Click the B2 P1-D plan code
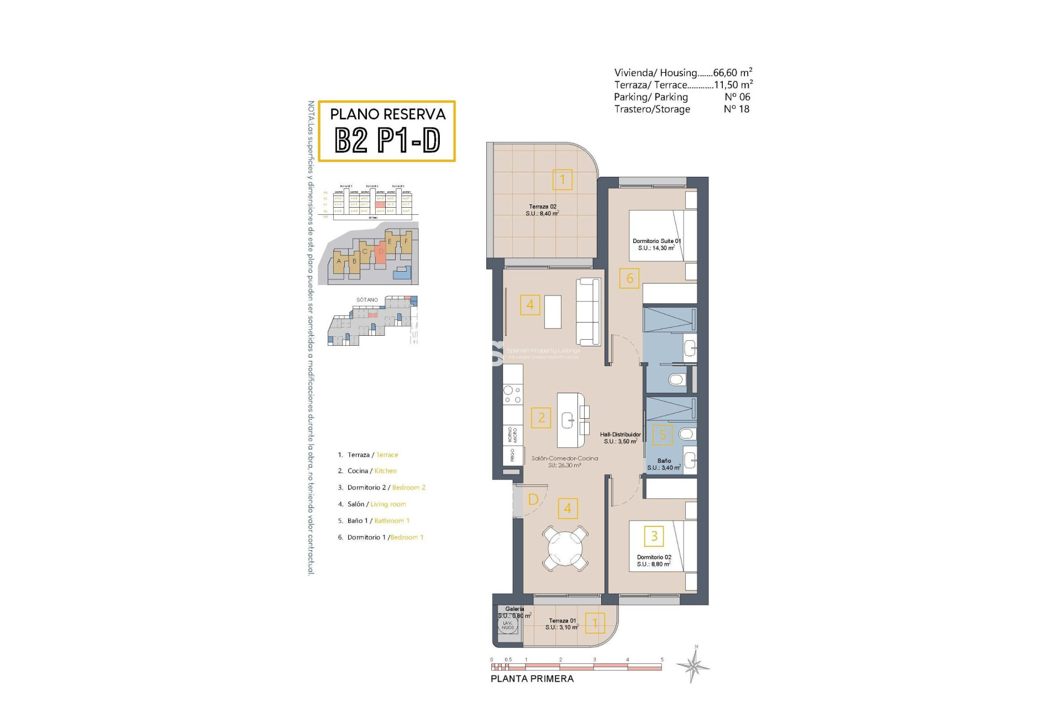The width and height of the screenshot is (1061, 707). point(387,140)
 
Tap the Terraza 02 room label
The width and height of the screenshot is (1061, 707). point(542,210)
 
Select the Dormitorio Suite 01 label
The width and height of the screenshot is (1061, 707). point(656,245)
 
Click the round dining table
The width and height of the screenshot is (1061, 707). point(565,548)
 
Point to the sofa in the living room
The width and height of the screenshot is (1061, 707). point(588,312)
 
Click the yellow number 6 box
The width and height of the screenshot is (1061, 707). point(629,278)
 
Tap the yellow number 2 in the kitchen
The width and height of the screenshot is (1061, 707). point(541,418)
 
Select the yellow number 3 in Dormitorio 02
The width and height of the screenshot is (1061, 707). point(654,536)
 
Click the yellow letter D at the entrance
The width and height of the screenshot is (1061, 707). point(533,499)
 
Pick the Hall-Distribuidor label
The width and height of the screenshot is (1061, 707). point(620,438)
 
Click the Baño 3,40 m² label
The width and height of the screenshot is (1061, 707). point(664,464)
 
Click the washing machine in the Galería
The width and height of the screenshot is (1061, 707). point(508,625)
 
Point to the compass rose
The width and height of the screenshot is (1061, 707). point(694,665)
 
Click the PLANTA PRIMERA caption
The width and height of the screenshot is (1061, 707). point(532,679)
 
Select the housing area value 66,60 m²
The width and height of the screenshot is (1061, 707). point(732,72)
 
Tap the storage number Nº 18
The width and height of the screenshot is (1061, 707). point(736,109)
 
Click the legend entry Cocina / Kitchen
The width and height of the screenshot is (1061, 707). point(371,471)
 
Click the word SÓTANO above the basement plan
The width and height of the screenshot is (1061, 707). point(367,300)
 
